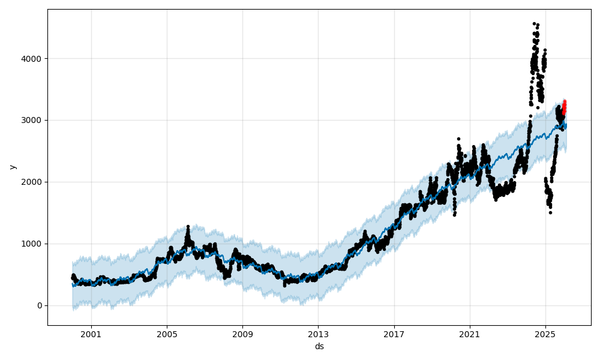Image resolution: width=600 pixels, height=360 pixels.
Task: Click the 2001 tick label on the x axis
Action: click(x=91, y=334)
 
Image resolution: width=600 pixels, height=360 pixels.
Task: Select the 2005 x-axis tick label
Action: click(x=167, y=334)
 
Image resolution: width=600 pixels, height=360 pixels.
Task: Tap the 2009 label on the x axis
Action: click(x=242, y=334)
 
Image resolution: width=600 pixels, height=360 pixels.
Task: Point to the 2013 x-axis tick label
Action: click(x=318, y=334)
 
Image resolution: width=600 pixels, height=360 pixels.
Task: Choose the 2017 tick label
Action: click(x=394, y=334)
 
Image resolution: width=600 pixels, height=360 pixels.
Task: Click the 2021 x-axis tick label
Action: click(x=470, y=334)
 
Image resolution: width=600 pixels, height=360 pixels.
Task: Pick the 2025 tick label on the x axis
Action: click(x=545, y=334)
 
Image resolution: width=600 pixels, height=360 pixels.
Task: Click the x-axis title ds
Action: click(x=319, y=346)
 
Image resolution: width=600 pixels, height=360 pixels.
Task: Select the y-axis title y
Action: click(x=13, y=167)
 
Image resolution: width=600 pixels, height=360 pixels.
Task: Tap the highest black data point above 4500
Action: click(x=534, y=24)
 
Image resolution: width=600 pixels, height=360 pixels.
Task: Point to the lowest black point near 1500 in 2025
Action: click(x=550, y=212)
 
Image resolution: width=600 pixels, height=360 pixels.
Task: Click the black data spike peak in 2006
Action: click(x=188, y=226)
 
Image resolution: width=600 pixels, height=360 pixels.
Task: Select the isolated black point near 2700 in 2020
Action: click(x=458, y=139)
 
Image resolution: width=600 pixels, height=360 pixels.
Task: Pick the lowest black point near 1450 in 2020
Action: click(x=454, y=215)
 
